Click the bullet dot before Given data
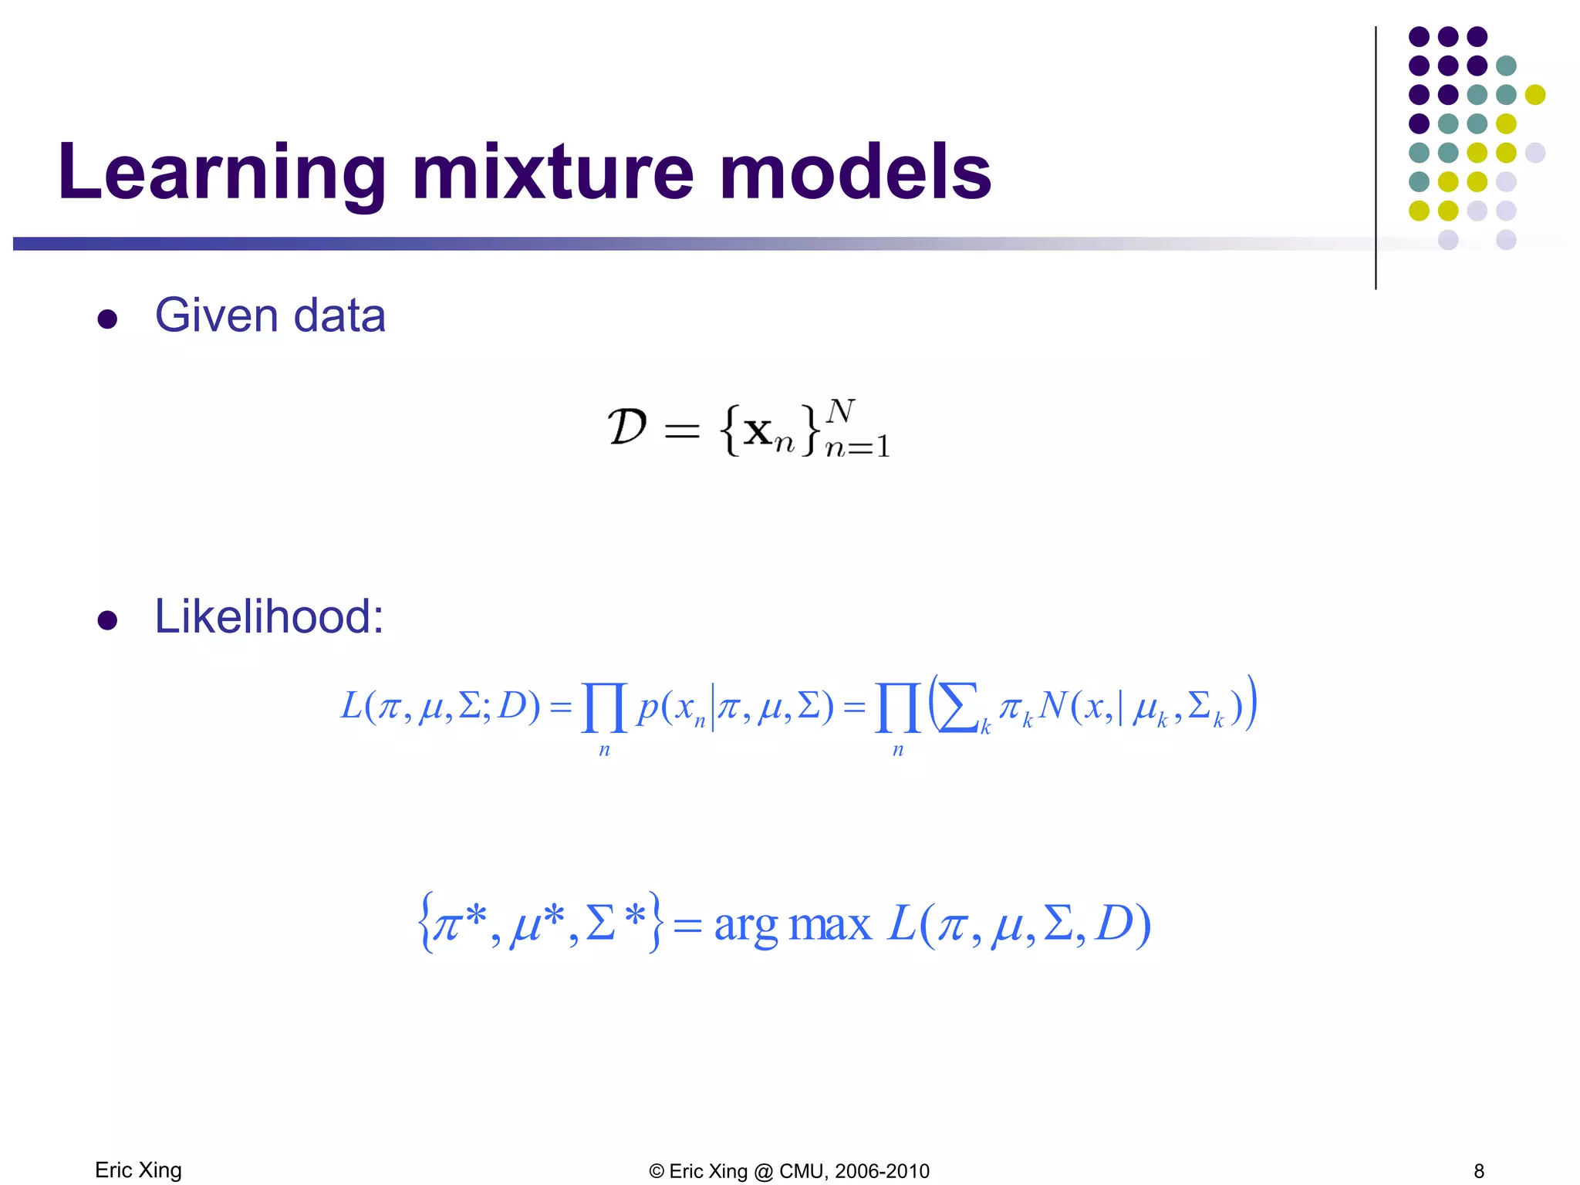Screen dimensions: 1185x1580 coord(107,319)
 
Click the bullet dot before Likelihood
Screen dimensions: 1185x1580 coord(107,620)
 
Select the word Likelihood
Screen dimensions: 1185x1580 coord(268,616)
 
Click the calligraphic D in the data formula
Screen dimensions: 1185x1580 coord(626,427)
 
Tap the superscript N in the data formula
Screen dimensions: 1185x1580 coord(840,411)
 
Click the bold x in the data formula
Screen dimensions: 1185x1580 coord(758,431)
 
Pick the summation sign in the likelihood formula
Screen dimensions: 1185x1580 coord(958,707)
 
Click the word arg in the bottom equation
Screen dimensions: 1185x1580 coord(745,925)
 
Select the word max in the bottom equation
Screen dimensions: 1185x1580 coord(830,925)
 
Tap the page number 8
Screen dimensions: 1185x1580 coord(1479,1171)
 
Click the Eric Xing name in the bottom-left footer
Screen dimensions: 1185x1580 coord(138,1170)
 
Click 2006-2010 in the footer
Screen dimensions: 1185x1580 coord(882,1171)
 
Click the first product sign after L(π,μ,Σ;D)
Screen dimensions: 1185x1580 coord(604,707)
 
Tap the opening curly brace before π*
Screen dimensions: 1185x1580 coord(424,923)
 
